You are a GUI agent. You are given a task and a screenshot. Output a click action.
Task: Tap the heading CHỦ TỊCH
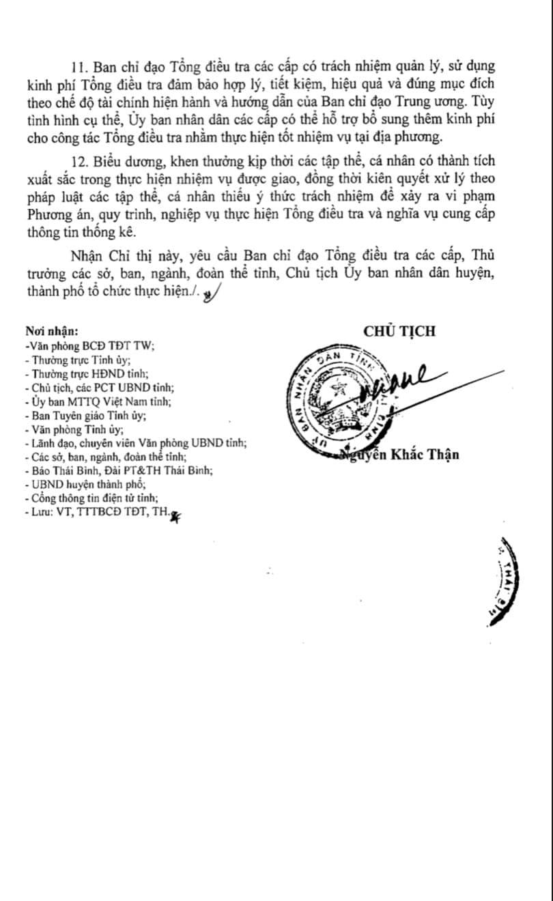click(399, 331)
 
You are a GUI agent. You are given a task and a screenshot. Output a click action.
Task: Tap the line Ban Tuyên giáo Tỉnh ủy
click(85, 415)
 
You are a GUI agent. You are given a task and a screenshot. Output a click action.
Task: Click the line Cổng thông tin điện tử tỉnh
click(90, 498)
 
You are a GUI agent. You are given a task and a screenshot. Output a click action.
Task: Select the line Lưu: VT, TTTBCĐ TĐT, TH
click(96, 513)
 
